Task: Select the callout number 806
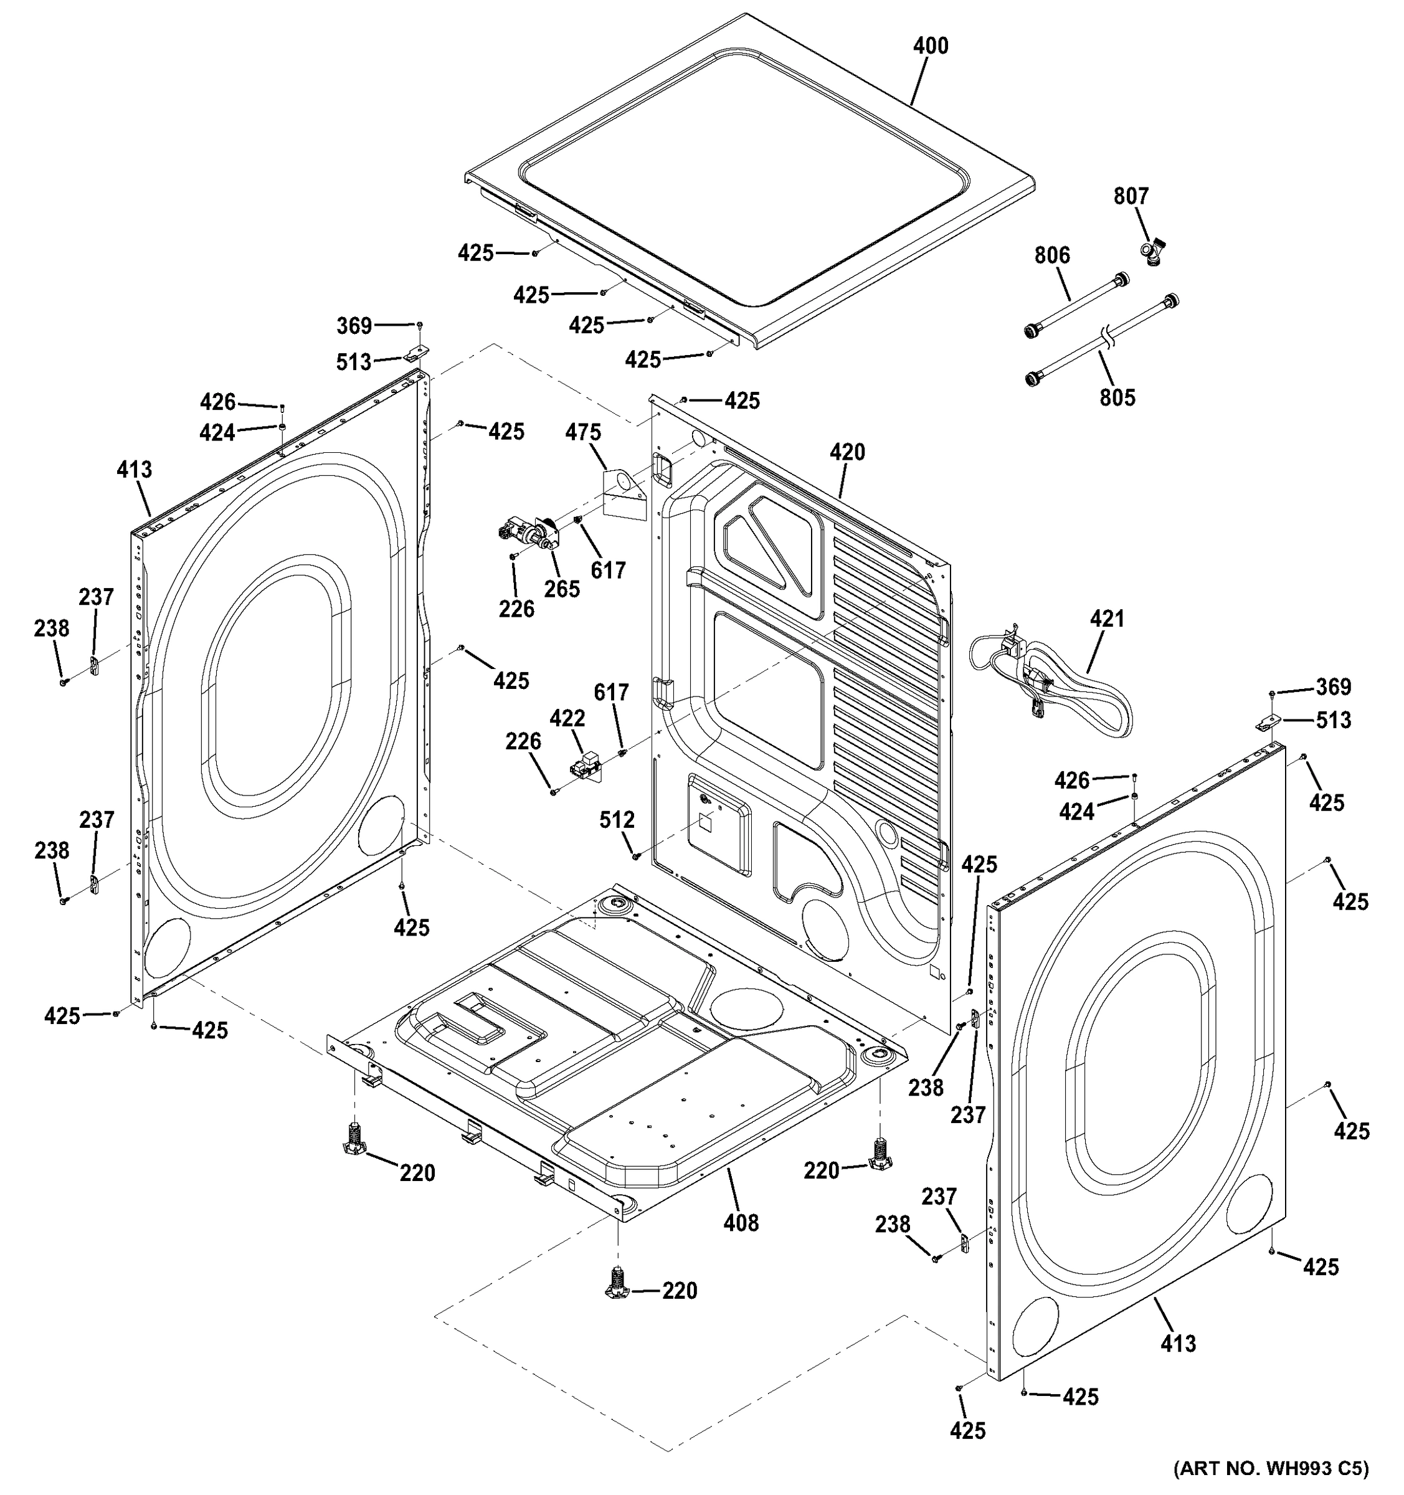1051,255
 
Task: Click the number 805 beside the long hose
1117,397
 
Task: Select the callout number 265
562,588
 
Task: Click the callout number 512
617,820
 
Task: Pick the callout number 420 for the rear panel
848,452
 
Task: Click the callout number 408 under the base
741,1223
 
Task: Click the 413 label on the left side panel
134,470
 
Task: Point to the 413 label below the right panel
1178,1343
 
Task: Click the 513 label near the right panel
1334,721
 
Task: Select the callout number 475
584,432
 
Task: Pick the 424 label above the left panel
217,432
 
